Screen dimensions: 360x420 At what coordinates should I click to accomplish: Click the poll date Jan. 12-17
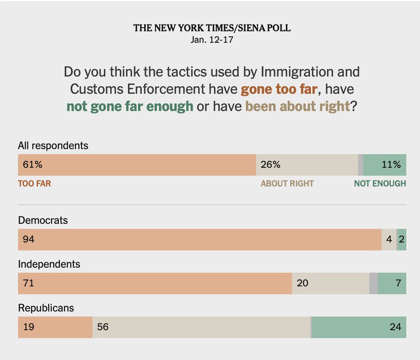coord(212,40)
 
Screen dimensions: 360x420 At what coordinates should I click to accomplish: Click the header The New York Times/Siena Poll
coord(212,28)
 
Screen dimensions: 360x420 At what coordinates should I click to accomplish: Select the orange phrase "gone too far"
coord(279,89)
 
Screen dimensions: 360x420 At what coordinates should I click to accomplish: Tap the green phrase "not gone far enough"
coord(130,106)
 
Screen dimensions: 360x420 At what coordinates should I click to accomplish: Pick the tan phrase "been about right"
coord(298,106)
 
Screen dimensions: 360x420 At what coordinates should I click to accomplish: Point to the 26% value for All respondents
coord(271,165)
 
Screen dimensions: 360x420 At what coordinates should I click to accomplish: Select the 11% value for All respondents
coord(391,165)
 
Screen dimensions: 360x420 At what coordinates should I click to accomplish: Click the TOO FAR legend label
coord(35,184)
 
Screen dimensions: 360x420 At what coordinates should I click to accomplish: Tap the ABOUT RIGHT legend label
coord(287,184)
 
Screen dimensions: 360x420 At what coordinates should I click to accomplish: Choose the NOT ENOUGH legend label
coord(380,184)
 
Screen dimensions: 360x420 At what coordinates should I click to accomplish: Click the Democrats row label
coord(43,220)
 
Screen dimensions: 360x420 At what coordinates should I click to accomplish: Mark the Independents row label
coord(49,264)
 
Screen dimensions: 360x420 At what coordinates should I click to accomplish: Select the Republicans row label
coord(46,308)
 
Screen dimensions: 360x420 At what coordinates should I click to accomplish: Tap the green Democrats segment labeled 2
coord(401,240)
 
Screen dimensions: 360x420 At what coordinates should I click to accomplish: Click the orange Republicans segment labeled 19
coord(55,327)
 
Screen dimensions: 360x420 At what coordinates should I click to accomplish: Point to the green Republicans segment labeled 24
coord(358,327)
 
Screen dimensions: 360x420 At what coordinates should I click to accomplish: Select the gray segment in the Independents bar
coord(373,284)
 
